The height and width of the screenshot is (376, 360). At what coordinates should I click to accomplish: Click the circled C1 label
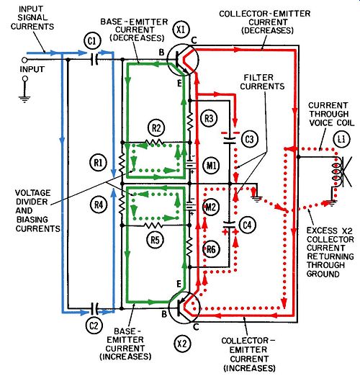[92, 42]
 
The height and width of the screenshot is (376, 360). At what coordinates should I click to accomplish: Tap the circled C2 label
[94, 326]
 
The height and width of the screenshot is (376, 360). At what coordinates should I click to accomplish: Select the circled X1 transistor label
[181, 30]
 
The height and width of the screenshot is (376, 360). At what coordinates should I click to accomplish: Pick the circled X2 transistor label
[182, 344]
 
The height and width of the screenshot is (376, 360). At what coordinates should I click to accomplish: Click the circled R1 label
[99, 163]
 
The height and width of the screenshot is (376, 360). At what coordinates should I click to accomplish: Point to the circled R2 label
[156, 128]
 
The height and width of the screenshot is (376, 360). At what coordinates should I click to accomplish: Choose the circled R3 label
[209, 118]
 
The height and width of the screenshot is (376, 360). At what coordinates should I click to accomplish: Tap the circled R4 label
[99, 205]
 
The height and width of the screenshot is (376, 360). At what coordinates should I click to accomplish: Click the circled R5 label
[155, 240]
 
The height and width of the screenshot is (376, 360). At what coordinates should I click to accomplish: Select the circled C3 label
[250, 139]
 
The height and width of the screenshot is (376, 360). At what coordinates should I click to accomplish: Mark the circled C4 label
[247, 225]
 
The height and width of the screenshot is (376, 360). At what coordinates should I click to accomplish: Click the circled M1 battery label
[211, 165]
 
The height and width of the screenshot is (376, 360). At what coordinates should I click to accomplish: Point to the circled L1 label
[341, 139]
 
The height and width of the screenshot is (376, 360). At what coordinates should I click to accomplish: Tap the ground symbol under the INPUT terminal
[24, 99]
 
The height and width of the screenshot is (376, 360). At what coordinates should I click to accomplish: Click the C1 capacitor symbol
[94, 59]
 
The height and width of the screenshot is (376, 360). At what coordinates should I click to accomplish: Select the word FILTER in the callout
[258, 78]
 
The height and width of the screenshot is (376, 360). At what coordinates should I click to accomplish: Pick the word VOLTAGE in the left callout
[33, 193]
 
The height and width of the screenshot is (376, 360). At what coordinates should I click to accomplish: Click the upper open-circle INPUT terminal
[24, 60]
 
